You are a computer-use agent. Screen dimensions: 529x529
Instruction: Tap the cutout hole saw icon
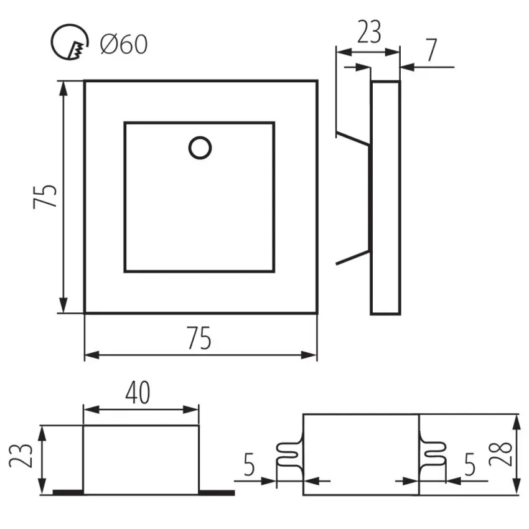tap(67, 44)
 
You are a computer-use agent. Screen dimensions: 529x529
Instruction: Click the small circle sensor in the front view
tap(199, 147)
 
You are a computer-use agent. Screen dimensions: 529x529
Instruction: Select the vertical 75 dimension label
tap(47, 196)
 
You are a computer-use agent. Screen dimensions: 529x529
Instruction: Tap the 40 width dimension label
tap(137, 393)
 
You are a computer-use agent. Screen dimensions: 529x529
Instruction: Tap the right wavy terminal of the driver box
tap(434, 456)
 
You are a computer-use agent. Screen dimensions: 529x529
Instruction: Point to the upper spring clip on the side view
tap(353, 138)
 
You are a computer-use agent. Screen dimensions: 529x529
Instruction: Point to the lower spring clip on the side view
tap(353, 257)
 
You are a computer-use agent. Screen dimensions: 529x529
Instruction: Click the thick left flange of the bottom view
tap(68, 492)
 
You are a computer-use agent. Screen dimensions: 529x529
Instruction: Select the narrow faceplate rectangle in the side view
tap(386, 197)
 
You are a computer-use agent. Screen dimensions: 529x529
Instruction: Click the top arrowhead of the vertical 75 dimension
tap(63, 87)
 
